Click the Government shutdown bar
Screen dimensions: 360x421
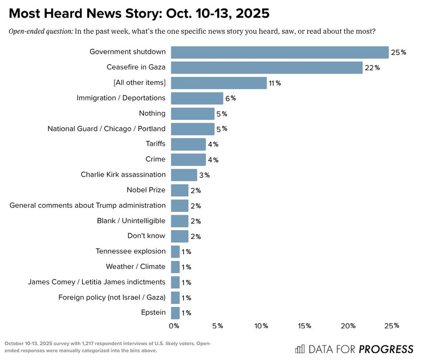click(280, 52)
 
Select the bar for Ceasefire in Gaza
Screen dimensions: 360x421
click(266, 68)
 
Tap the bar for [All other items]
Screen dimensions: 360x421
click(219, 83)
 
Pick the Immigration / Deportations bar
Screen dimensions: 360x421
click(197, 98)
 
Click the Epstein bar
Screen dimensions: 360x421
click(175, 313)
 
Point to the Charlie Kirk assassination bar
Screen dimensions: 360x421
click(184, 175)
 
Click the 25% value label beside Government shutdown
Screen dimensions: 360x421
click(398, 53)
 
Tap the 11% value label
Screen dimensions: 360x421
click(275, 83)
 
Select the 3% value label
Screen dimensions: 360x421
click(204, 175)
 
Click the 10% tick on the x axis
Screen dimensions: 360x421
click(261, 326)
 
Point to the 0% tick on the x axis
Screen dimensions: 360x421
click(174, 326)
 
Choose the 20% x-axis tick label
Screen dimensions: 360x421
click(348, 326)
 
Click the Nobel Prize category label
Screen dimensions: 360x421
click(146, 190)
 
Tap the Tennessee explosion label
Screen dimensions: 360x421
click(131, 251)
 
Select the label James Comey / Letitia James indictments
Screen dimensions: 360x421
click(96, 282)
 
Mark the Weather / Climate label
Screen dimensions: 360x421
click(136, 267)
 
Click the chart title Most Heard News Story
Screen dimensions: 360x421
click(139, 13)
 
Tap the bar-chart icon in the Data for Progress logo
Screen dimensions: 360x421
click(300, 349)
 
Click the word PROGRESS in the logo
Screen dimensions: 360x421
click(386, 349)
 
